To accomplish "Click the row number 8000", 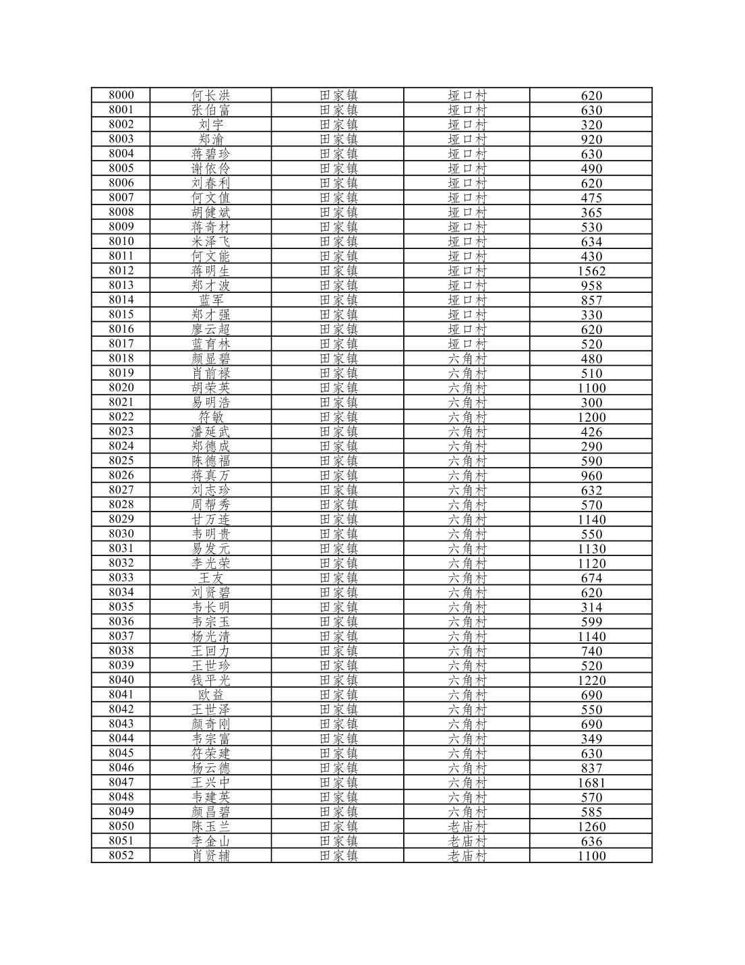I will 121,95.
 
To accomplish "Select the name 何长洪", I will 211,95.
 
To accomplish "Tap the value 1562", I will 591,271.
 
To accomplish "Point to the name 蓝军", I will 211,300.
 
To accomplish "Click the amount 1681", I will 591,783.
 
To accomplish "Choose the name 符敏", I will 211,417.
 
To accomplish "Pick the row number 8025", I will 121,460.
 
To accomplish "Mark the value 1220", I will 591,680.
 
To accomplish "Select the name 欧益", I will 211,695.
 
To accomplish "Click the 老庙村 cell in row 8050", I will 467,827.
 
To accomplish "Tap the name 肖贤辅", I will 211,856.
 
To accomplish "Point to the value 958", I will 591,285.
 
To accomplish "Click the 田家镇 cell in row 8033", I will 338,578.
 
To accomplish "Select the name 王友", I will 211,578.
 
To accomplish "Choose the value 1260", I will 591,827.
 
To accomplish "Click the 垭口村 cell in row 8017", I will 467,343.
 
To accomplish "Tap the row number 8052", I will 121,856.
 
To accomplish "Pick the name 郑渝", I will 211,139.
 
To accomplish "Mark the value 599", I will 591,622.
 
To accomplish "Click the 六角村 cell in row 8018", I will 467,358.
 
